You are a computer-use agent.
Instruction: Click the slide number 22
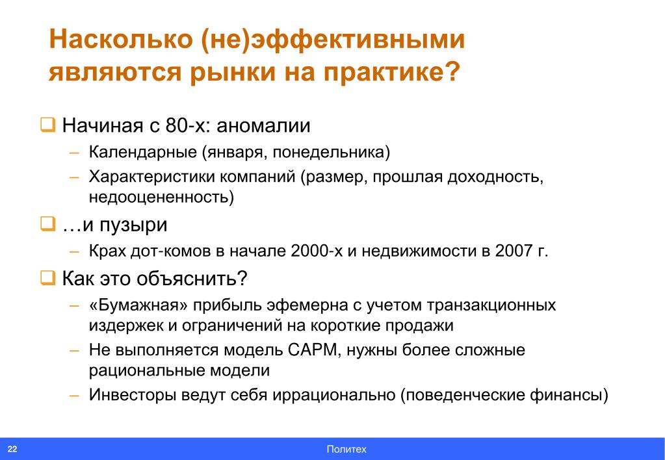click(x=12, y=449)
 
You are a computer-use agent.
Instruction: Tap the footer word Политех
click(x=346, y=450)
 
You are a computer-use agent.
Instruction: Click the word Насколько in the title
click(x=121, y=39)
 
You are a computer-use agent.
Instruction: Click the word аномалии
click(x=263, y=126)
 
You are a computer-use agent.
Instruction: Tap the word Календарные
click(x=143, y=152)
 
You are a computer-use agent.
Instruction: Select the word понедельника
click(x=328, y=152)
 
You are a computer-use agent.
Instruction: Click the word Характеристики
click(x=150, y=176)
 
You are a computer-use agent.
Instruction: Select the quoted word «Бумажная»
click(x=139, y=305)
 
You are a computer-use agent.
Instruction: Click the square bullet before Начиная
click(x=47, y=125)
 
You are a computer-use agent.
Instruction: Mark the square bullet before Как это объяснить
click(x=47, y=278)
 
